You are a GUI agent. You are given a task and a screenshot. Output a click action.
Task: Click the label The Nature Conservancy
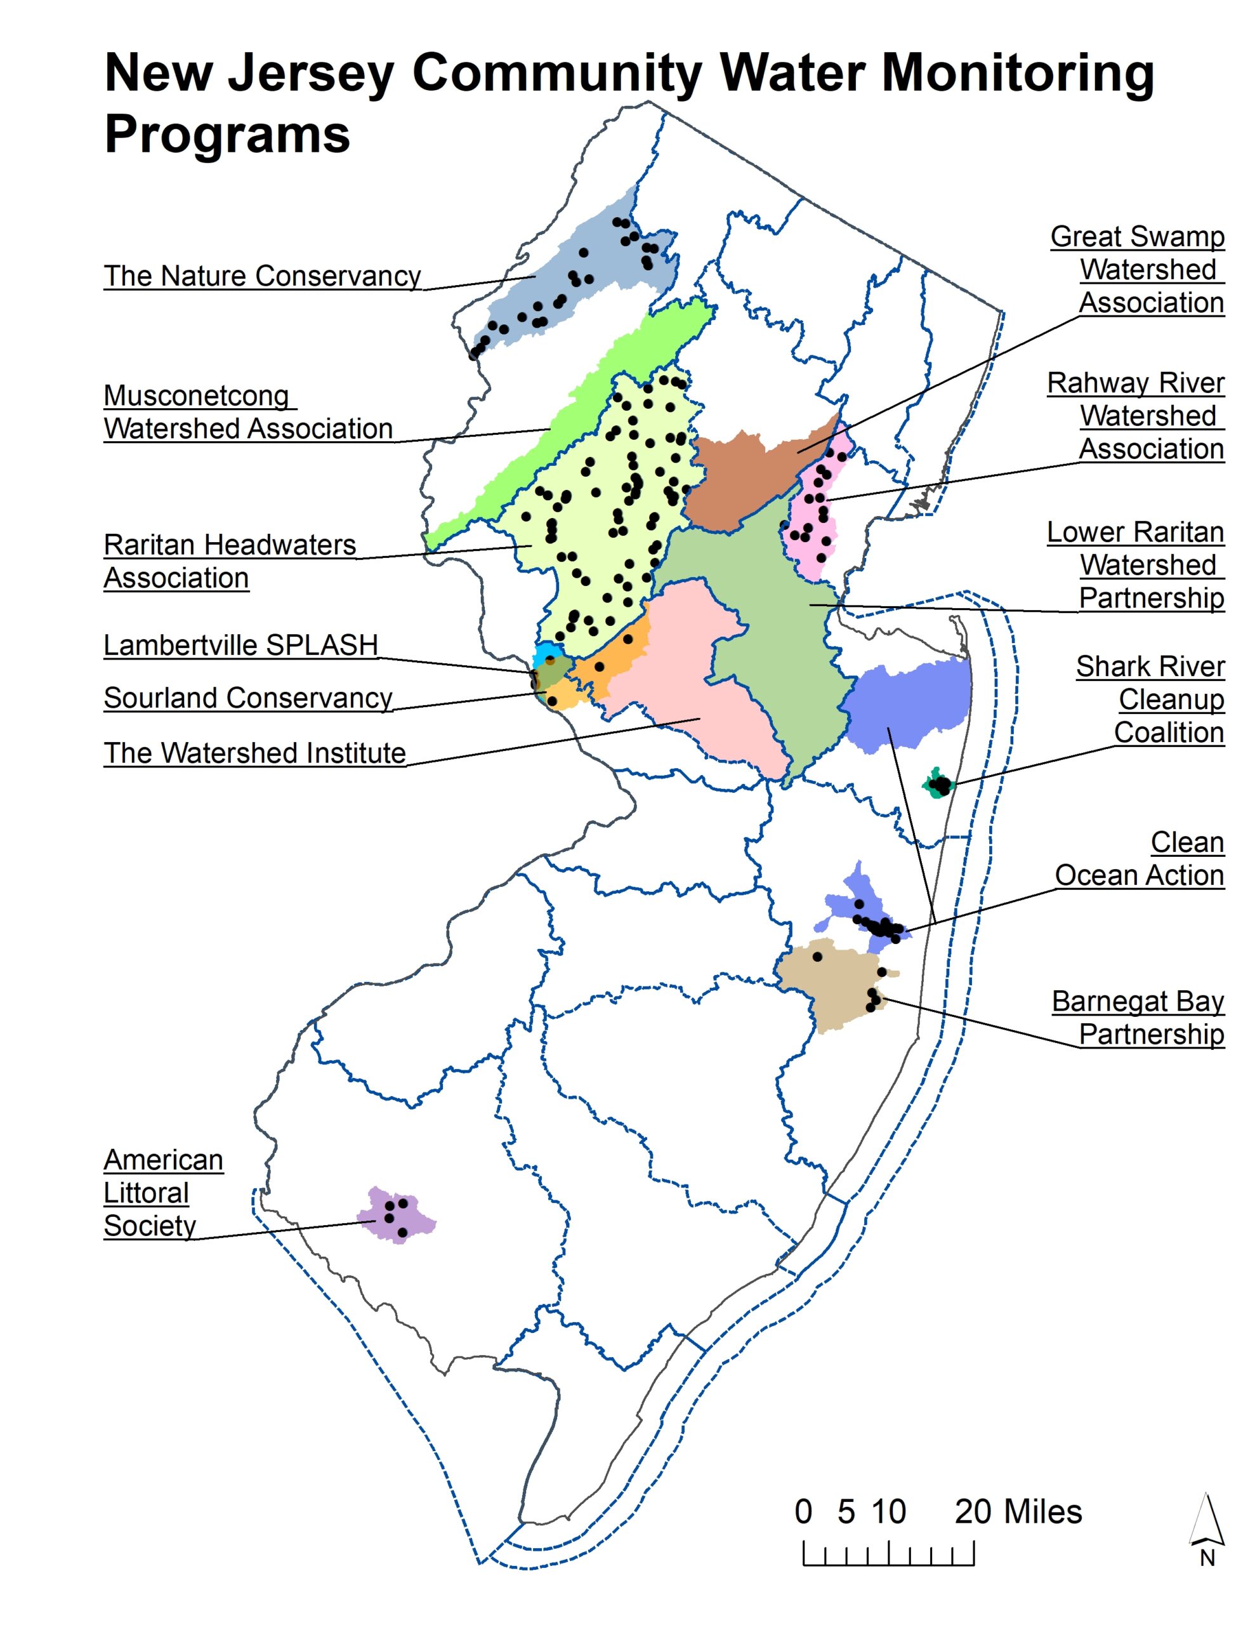tap(262, 276)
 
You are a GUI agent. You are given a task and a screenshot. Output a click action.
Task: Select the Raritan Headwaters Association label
tap(229, 561)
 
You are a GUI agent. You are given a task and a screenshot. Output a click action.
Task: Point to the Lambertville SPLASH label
tap(240, 645)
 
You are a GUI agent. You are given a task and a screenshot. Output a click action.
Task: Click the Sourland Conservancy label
tap(247, 698)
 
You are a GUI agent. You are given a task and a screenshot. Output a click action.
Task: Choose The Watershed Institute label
tap(254, 753)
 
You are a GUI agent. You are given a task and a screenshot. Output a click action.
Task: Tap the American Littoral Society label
tap(163, 1193)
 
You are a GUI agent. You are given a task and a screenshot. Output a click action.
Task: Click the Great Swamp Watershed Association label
tap(1138, 269)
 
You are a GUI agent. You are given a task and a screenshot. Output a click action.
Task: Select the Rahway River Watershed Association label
tap(1136, 416)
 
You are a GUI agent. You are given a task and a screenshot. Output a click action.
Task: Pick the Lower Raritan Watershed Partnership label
tap(1136, 565)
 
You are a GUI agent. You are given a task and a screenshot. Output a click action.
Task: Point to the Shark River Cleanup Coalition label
tap(1150, 700)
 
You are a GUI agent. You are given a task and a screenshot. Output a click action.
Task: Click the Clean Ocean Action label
tap(1140, 859)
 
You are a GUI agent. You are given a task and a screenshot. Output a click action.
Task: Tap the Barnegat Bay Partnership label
tap(1138, 1018)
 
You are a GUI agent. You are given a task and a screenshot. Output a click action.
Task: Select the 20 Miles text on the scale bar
tap(1018, 1511)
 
